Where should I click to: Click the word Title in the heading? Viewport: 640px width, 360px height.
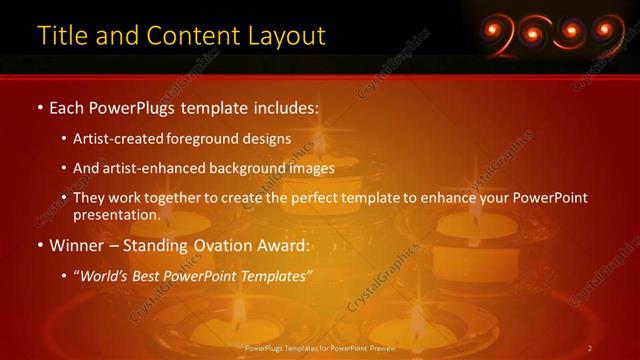pyautogui.click(x=61, y=36)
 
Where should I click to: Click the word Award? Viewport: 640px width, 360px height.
pyautogui.click(x=288, y=245)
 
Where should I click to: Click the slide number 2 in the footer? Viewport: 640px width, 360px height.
pyautogui.click(x=591, y=348)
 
